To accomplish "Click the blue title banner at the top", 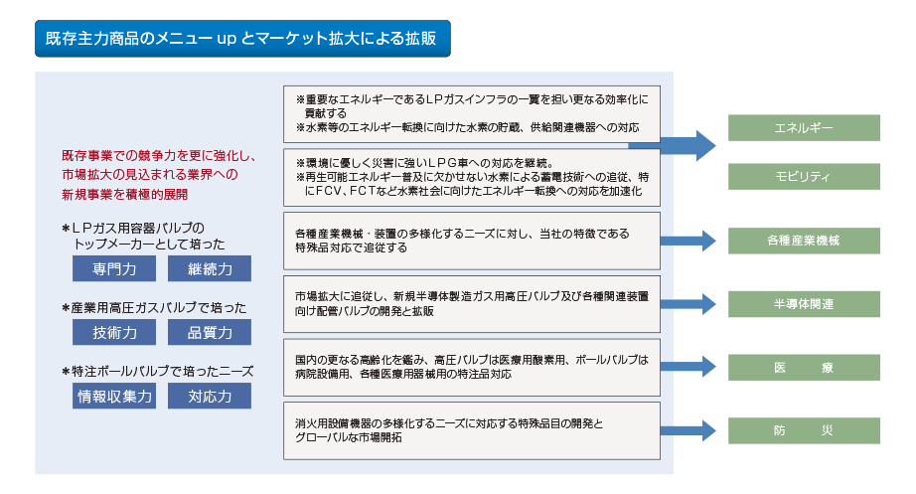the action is pyautogui.click(x=242, y=39).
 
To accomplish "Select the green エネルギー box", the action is pyautogui.click(x=804, y=128).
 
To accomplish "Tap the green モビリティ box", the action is pyautogui.click(x=804, y=177).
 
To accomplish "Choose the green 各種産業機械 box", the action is pyautogui.click(x=804, y=241).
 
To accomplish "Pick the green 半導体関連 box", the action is pyautogui.click(x=804, y=304).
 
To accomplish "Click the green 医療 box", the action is pyautogui.click(x=804, y=368).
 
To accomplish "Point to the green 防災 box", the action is pyautogui.click(x=804, y=430).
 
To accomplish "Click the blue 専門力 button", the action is pyautogui.click(x=114, y=269).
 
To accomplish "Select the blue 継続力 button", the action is pyautogui.click(x=210, y=269).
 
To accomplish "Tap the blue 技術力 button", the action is pyautogui.click(x=114, y=333).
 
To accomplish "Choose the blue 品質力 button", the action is pyautogui.click(x=210, y=333).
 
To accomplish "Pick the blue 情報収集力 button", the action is pyautogui.click(x=114, y=397).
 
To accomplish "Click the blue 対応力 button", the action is pyautogui.click(x=210, y=397).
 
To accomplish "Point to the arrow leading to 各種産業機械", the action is pyautogui.click(x=688, y=241).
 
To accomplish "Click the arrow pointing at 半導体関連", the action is pyautogui.click(x=688, y=304).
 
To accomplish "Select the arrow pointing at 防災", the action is pyautogui.click(x=688, y=430).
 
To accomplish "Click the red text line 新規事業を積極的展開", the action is pyautogui.click(x=125, y=195).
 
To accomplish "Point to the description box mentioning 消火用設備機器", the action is pyautogui.click(x=472, y=430).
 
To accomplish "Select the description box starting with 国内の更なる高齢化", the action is pyautogui.click(x=472, y=368).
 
